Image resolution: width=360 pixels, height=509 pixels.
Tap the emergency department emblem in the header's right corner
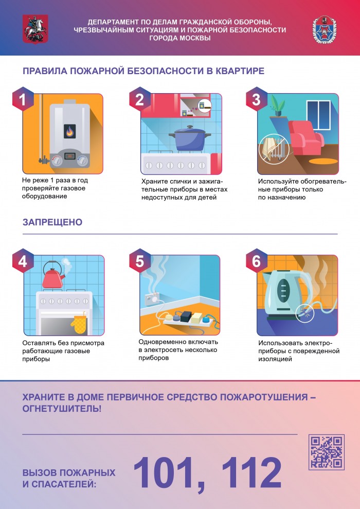pyautogui.click(x=325, y=29)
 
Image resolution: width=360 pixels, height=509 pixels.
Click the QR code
pyautogui.click(x=326, y=452)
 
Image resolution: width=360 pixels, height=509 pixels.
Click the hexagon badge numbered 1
pyautogui.click(x=23, y=99)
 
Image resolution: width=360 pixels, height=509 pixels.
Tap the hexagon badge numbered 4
pyautogui.click(x=23, y=261)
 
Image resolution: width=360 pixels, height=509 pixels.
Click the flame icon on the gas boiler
pyautogui.click(x=68, y=132)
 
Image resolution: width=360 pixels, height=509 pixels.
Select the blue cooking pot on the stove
pyautogui.click(x=190, y=138)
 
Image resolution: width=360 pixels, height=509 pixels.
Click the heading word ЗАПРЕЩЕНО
pyautogui.click(x=52, y=222)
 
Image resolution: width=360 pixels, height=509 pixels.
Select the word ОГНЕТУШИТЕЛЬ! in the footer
pyautogui.click(x=62, y=409)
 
